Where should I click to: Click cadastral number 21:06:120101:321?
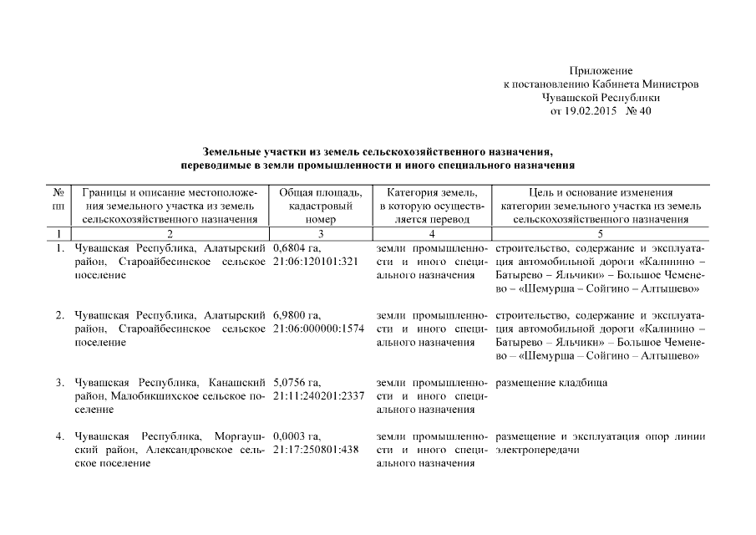[x=316, y=262]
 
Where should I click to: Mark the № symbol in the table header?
[x=58, y=192]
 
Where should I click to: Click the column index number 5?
[x=600, y=233]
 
